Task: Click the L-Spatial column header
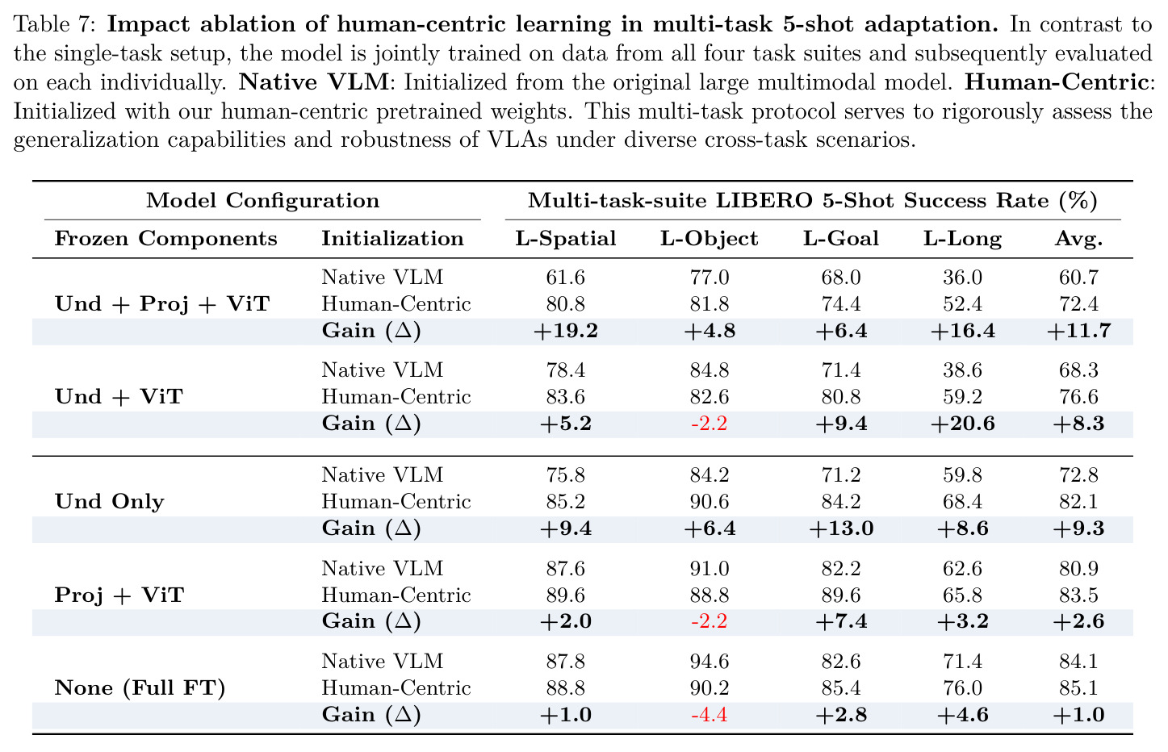(x=566, y=239)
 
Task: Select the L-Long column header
(x=962, y=239)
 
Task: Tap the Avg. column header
(x=1079, y=239)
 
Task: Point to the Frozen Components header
(x=165, y=239)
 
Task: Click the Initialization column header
(x=392, y=239)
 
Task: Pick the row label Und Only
(x=110, y=501)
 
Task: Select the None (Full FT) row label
(x=140, y=688)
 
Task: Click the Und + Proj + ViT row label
(x=163, y=304)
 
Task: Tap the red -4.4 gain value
(x=710, y=714)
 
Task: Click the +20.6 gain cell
(x=962, y=423)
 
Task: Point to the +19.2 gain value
(x=566, y=331)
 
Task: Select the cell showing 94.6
(x=710, y=662)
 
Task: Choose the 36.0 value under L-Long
(x=962, y=278)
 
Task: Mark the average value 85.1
(x=1079, y=688)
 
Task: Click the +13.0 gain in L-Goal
(x=841, y=528)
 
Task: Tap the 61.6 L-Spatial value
(x=566, y=278)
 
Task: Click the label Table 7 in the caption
(x=55, y=24)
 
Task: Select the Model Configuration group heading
(x=262, y=201)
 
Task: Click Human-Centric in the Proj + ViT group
(x=396, y=595)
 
